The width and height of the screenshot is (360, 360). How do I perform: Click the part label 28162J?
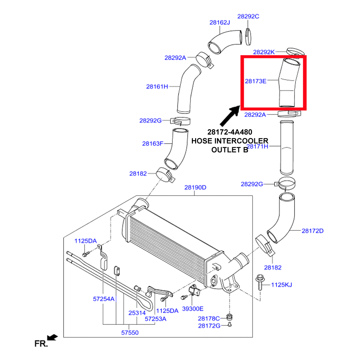220,22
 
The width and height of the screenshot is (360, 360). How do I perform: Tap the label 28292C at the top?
248,16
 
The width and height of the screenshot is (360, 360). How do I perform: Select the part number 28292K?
264,52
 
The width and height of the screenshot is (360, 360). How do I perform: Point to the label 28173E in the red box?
256,81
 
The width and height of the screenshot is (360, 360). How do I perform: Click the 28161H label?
157,86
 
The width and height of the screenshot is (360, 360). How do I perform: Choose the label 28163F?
153,144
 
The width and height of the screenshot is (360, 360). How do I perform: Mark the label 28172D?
312,231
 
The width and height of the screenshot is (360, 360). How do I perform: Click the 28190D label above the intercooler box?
195,187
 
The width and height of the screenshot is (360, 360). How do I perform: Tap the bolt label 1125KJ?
281,285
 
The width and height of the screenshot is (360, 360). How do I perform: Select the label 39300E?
193,309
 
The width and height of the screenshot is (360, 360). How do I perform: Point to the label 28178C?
209,318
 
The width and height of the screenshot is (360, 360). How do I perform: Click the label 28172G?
209,326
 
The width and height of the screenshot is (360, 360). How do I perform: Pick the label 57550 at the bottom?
129,333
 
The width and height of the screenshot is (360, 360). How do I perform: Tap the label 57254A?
104,298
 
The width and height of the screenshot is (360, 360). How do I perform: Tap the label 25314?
137,313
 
